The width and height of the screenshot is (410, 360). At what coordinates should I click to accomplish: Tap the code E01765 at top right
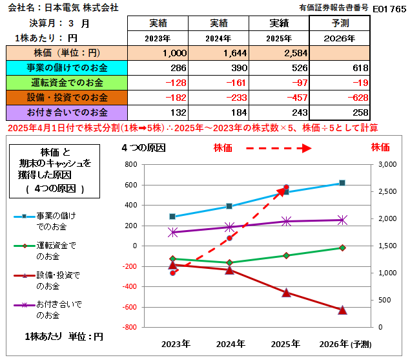pos(389,8)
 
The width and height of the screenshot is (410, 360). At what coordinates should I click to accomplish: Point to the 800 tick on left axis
pos(130,164)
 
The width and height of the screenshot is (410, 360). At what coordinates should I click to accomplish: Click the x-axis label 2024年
pos(231,343)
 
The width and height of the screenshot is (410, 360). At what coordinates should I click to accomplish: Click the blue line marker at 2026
pos(342,183)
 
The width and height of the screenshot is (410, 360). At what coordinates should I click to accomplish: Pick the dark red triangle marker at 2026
pos(342,310)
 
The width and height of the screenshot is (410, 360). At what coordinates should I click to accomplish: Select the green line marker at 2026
pos(342,248)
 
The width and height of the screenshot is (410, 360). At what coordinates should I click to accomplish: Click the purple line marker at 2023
pos(173,231)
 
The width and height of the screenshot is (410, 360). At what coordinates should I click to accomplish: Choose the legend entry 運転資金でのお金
pos(55,250)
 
